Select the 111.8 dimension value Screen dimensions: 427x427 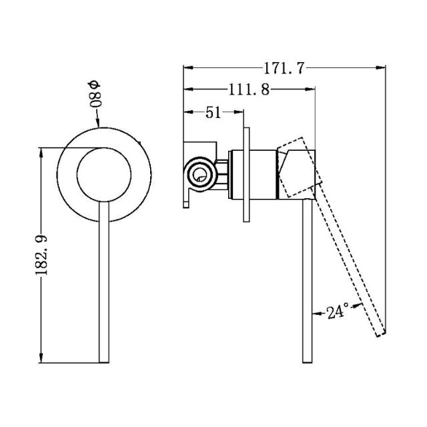247,90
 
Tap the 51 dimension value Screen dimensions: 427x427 213,112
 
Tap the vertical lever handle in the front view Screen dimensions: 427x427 103,287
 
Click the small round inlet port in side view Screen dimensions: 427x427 199,175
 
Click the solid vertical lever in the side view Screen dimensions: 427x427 307,287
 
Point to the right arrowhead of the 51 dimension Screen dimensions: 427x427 243,112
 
